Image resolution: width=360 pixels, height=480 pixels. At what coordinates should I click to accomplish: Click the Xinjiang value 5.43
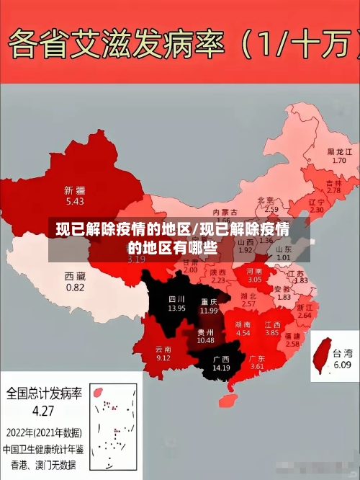tap(74, 201)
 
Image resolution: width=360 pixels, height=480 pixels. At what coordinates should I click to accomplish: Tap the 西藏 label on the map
tap(74, 276)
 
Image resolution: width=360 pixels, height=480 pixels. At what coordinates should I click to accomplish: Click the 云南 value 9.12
tap(163, 357)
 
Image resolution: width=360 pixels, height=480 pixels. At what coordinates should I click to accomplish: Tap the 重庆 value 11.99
tap(209, 310)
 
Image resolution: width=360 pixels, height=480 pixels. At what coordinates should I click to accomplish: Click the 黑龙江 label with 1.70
tap(339, 152)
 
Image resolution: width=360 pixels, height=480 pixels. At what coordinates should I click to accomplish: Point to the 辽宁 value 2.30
tap(316, 210)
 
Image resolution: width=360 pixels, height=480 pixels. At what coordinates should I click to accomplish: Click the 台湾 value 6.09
tap(341, 365)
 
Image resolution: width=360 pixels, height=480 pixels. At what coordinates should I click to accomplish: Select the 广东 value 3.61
tap(257, 367)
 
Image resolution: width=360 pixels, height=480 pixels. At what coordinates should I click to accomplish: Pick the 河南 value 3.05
tap(255, 278)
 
